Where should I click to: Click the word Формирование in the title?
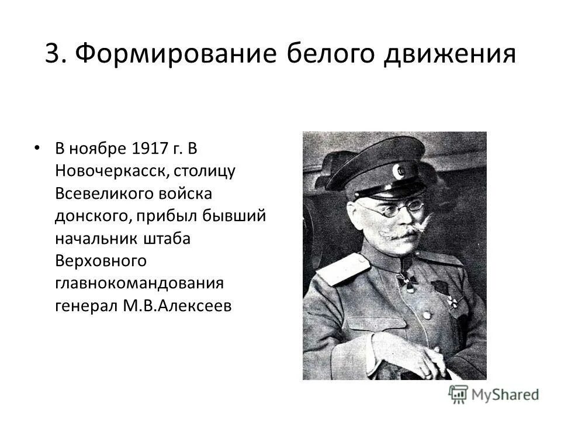(177, 54)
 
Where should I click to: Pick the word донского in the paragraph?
(92, 216)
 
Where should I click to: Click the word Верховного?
(100, 261)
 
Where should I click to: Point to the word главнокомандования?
(140, 284)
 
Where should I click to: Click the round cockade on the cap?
(400, 171)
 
